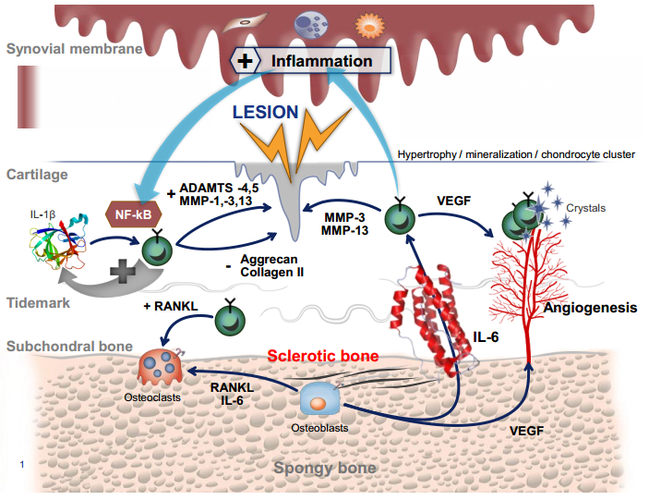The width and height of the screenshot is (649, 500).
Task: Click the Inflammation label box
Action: (x=310, y=62)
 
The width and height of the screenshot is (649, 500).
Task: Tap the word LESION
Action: (x=265, y=113)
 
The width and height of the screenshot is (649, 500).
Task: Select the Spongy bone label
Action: (x=324, y=468)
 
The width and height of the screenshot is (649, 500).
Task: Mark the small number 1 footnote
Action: (x=21, y=463)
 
